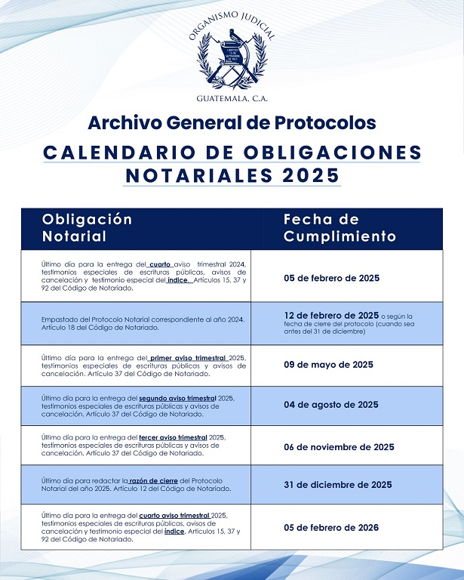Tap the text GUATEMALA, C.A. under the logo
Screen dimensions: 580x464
[232, 99]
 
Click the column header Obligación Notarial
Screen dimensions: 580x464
[87, 227]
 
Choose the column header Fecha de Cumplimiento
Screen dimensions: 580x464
[340, 227]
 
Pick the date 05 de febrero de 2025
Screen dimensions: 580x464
[331, 278]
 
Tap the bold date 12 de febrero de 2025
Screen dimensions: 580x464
[331, 315]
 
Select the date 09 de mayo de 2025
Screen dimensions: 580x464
[328, 365]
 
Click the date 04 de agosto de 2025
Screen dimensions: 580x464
[331, 405]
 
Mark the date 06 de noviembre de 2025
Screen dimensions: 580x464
[339, 446]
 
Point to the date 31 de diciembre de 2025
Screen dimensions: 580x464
[337, 485]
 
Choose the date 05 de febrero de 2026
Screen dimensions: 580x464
[331, 527]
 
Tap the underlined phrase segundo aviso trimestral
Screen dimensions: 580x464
[177, 397]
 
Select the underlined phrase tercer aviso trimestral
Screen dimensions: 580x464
[173, 437]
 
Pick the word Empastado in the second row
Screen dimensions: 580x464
[60, 319]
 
